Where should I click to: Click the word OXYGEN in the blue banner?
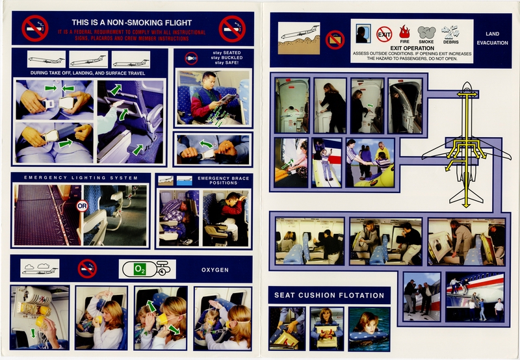click(x=216, y=268)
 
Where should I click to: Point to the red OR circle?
click(x=82, y=207)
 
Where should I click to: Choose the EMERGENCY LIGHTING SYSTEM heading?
click(x=81, y=177)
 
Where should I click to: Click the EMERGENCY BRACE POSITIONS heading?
click(x=223, y=181)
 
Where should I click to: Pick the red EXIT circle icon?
click(x=384, y=33)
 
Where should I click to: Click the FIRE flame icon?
click(x=404, y=32)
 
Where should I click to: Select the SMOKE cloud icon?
click(x=426, y=32)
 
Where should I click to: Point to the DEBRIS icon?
click(x=450, y=32)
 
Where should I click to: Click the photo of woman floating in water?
click(x=369, y=328)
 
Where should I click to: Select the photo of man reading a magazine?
click(x=213, y=97)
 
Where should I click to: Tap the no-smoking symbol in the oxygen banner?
click(x=86, y=268)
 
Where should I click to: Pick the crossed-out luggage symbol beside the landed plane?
click(x=335, y=39)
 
